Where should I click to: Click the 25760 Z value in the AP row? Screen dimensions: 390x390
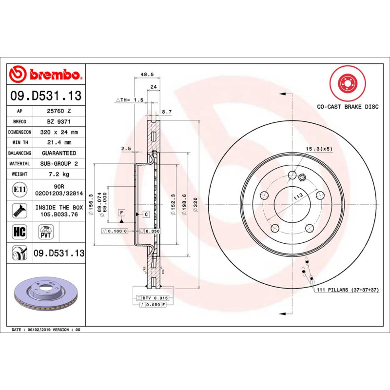tap(59, 111)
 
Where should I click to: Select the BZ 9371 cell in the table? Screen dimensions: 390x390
tap(59, 121)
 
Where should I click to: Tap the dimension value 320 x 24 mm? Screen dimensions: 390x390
tap(59, 132)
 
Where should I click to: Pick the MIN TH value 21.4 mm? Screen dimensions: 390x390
tap(59, 142)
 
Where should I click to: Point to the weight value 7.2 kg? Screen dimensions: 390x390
tap(59, 174)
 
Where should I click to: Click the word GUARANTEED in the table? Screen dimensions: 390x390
tap(59, 153)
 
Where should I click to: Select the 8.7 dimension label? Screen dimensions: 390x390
tap(167, 112)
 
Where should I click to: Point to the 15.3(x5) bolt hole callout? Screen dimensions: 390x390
tap(319, 148)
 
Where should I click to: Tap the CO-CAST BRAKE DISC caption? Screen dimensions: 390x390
tap(348, 107)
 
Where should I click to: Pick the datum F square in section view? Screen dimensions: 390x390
tap(121, 213)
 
